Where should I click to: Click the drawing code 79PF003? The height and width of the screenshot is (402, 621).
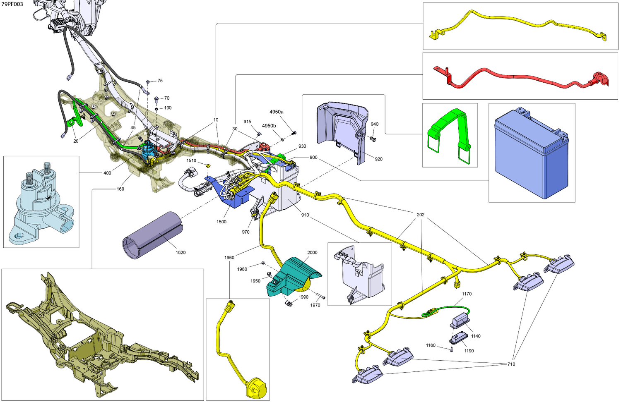(x=12, y=4)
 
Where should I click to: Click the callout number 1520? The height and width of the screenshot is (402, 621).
(x=181, y=253)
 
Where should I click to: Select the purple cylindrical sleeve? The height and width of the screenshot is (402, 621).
(x=152, y=235)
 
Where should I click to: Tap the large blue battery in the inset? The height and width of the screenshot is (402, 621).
(x=532, y=154)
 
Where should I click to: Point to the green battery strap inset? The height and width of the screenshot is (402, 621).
(x=449, y=135)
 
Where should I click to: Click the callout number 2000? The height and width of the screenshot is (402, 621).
(x=313, y=253)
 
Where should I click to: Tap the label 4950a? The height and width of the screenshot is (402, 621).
(x=277, y=112)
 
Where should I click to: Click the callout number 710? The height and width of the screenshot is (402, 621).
(x=511, y=364)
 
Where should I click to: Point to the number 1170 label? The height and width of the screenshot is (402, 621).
(x=467, y=294)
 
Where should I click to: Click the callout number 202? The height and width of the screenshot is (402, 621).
(x=421, y=215)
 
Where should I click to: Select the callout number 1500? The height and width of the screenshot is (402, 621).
(x=221, y=222)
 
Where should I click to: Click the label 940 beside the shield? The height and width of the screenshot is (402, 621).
(x=375, y=124)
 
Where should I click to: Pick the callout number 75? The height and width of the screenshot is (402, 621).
(x=160, y=81)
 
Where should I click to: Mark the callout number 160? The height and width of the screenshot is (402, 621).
(x=120, y=189)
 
